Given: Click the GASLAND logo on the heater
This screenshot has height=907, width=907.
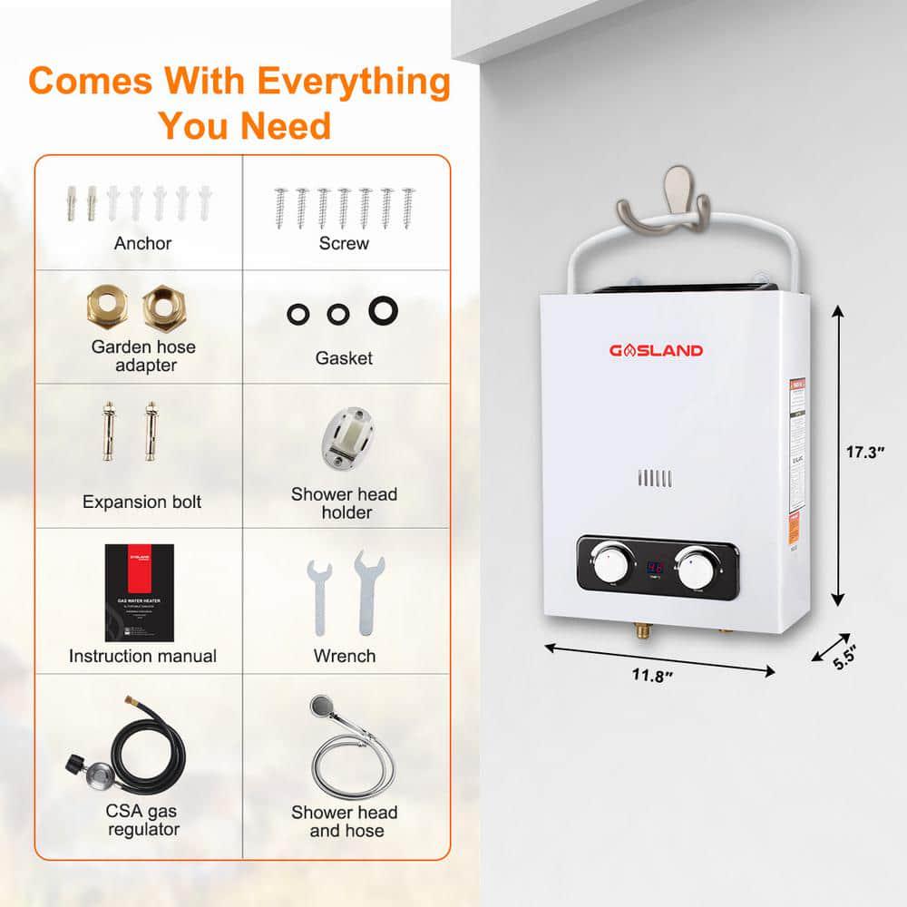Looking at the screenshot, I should (655, 350).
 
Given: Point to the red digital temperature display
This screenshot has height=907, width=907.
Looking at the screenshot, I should (655, 568).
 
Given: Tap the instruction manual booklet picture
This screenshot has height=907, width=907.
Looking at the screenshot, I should (137, 592).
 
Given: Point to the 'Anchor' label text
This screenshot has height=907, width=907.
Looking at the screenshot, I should (142, 243).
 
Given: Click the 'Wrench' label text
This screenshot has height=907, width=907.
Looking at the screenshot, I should (344, 655).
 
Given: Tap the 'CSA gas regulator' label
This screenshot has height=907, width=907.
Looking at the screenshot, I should (143, 819).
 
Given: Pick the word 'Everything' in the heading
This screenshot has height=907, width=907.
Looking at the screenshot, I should (353, 82).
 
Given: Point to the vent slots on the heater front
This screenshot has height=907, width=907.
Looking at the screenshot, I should (654, 479).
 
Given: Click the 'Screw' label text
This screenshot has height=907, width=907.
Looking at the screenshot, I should (344, 243).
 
